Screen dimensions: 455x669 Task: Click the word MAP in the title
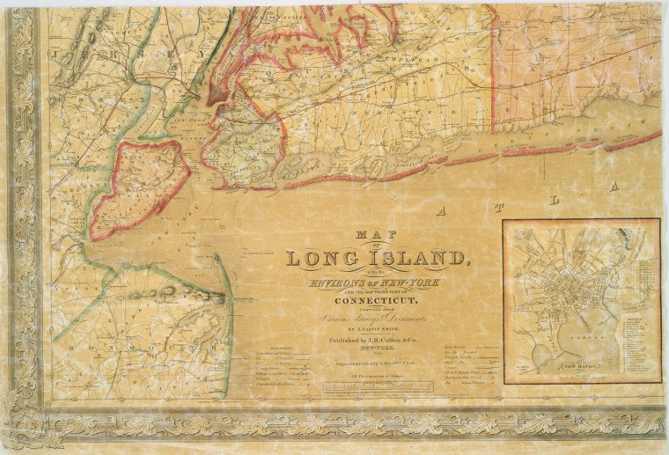pos(377,235)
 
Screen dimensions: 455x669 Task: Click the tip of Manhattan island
pos(211,103)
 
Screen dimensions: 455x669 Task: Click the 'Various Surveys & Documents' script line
pos(376,312)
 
